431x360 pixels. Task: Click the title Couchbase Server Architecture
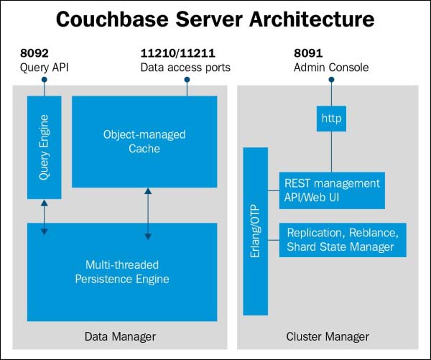click(x=215, y=19)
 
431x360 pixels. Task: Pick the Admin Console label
click(x=331, y=68)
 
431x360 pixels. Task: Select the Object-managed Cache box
click(x=144, y=141)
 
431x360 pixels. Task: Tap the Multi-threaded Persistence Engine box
click(x=122, y=272)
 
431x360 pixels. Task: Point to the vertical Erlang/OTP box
click(x=255, y=231)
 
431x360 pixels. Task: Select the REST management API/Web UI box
click(x=331, y=189)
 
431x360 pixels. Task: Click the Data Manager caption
click(x=119, y=336)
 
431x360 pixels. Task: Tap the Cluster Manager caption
click(x=328, y=336)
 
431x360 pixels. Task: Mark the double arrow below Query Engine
click(x=44, y=216)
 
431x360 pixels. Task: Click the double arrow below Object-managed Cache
click(x=147, y=213)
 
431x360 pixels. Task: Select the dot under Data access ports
click(x=187, y=81)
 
